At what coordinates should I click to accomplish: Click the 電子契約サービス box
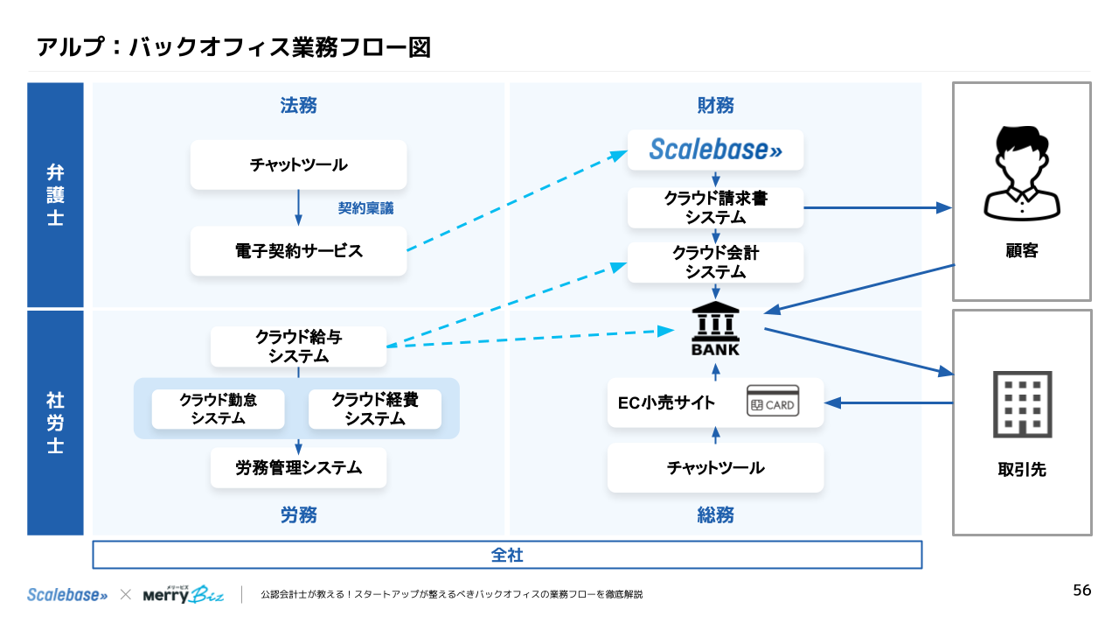coord(298,251)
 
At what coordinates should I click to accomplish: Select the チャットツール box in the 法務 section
coord(298,164)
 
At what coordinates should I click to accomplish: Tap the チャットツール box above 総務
coord(715,468)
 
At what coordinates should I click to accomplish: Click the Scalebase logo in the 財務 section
coord(715,150)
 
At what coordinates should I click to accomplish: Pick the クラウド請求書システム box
coord(715,208)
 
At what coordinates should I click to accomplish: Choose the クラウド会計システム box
coord(715,262)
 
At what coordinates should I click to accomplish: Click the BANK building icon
coord(715,329)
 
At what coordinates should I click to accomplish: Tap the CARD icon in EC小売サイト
coord(772,403)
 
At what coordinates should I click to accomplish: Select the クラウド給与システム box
coord(298,346)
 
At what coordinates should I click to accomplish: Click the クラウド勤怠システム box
coord(218,409)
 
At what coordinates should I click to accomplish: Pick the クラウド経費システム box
coord(374,409)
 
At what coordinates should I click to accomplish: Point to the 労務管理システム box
coord(298,468)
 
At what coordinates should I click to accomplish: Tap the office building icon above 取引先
coord(1022,404)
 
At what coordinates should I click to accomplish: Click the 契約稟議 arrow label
coord(365,209)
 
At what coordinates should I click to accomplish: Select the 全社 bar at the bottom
coord(507,555)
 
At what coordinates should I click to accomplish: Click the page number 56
coord(1081,591)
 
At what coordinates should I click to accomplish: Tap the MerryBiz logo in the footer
coord(184,594)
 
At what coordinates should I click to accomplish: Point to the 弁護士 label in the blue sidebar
coord(55,194)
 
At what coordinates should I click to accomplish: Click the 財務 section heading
coord(715,106)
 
